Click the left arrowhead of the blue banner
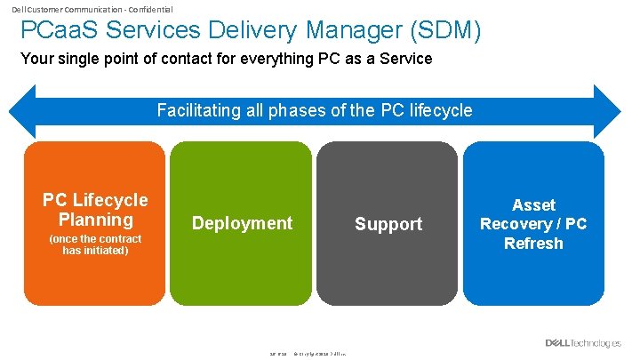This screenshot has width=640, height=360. click(20, 111)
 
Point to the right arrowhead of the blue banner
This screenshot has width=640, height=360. click(608, 111)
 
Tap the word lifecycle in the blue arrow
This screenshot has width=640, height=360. click(439, 111)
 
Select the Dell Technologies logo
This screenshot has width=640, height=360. click(583, 343)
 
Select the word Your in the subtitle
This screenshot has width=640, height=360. click(36, 60)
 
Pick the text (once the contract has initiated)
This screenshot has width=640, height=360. click(95, 244)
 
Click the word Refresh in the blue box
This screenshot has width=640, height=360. click(533, 243)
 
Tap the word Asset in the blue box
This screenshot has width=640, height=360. click(533, 205)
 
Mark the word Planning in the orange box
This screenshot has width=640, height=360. click(95, 220)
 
